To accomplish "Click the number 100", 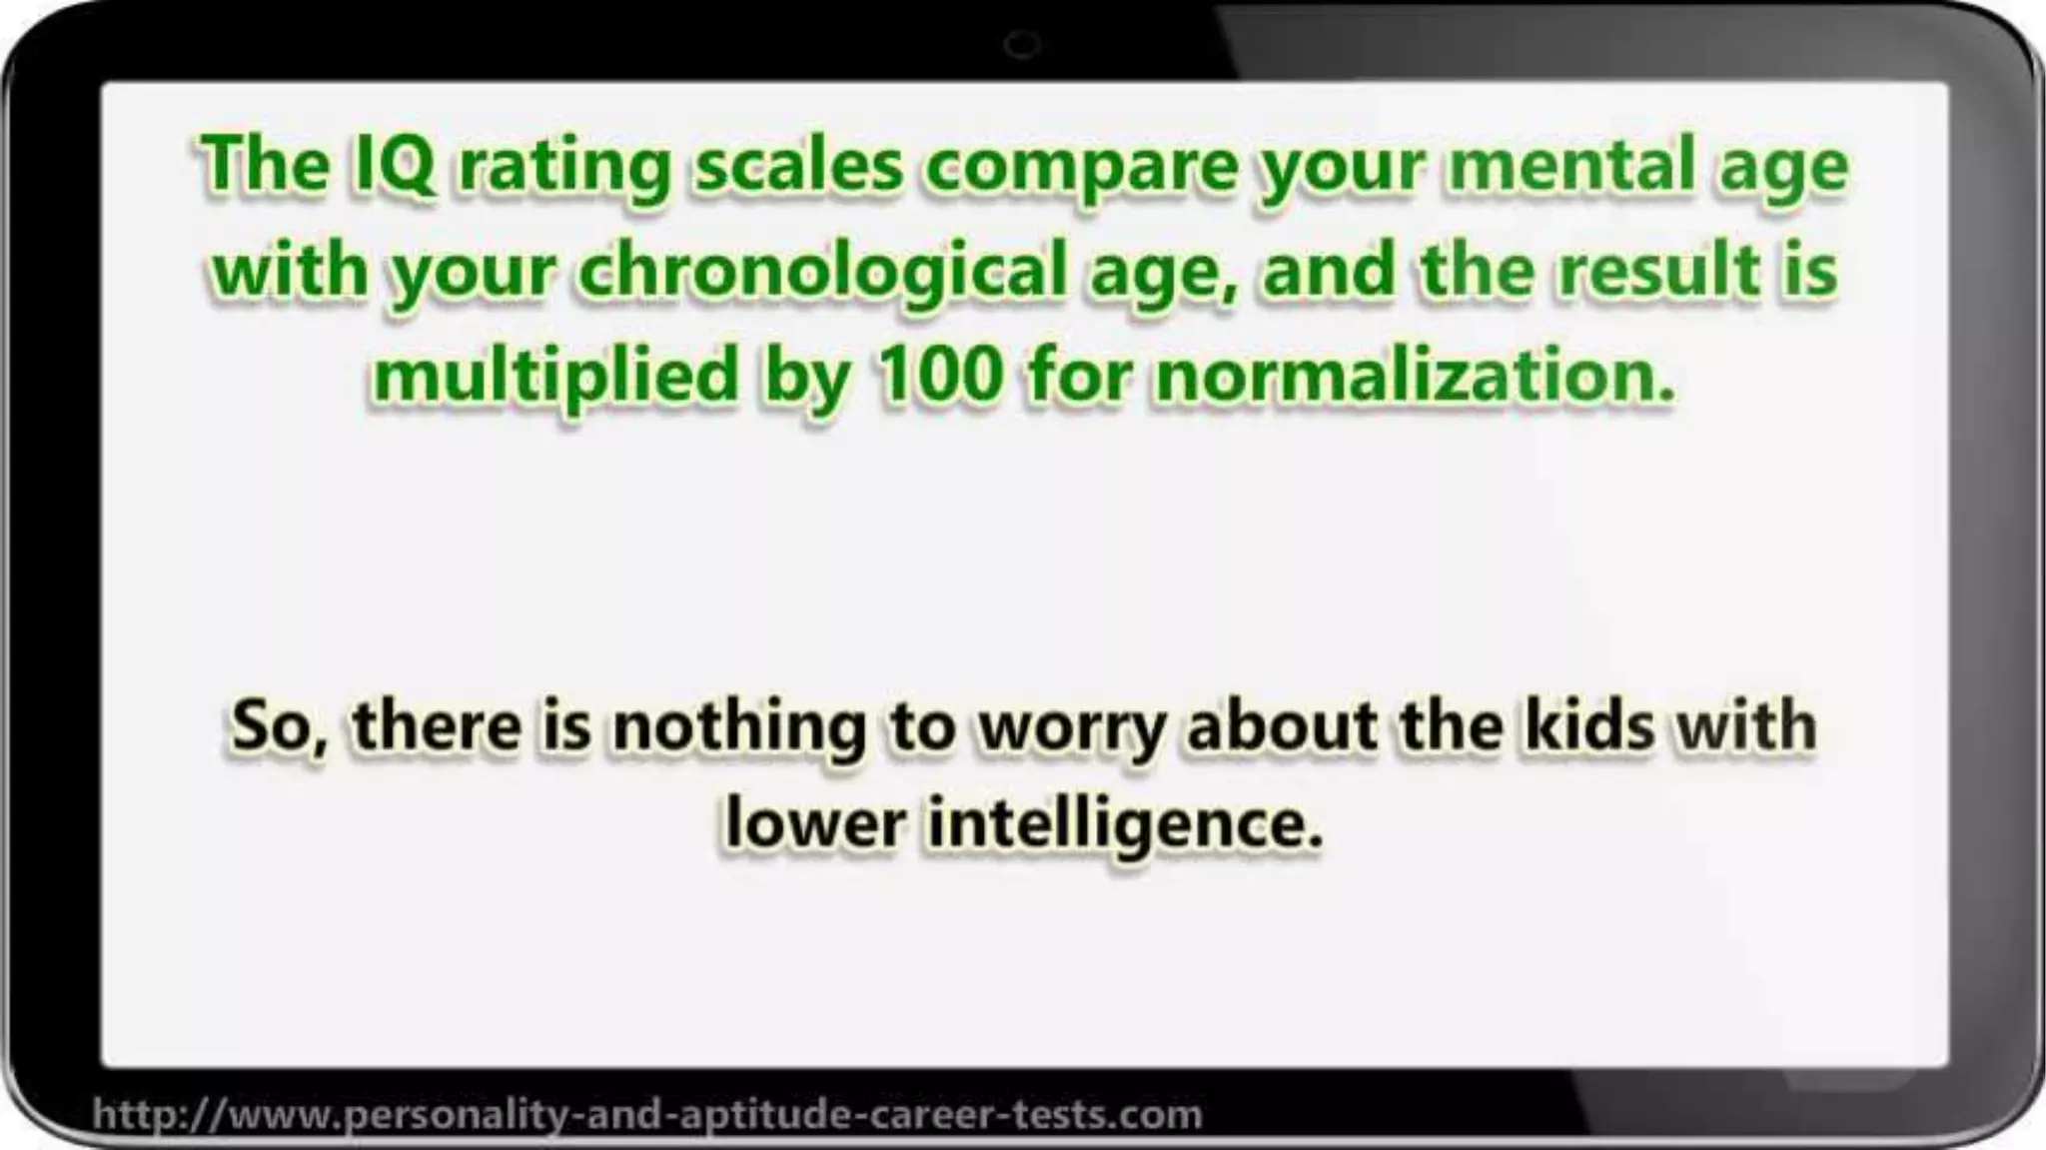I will pyautogui.click(x=938, y=374).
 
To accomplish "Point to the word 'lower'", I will pyautogui.click(x=814, y=825).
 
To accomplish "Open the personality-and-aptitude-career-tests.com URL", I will pyautogui.click(x=647, y=1113).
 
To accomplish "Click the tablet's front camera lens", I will pyautogui.click(x=1021, y=45).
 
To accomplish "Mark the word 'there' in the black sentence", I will pyautogui.click(x=437, y=727).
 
